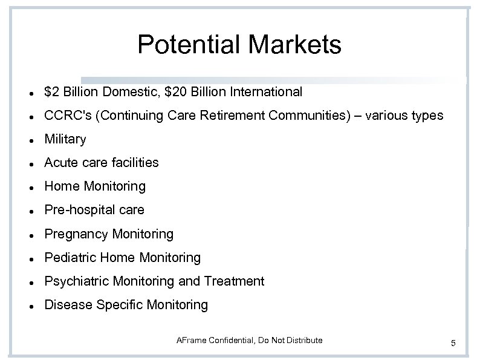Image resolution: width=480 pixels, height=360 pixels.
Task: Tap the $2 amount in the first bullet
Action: (x=51, y=92)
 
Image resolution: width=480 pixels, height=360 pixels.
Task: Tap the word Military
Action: (x=65, y=139)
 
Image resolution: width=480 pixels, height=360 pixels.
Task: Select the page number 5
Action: (x=453, y=344)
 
